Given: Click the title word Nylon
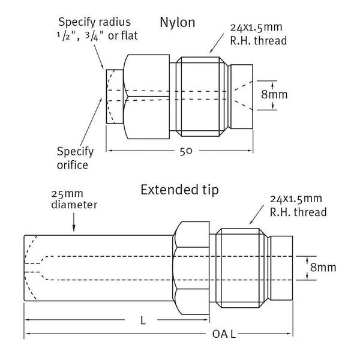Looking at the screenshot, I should (x=178, y=23).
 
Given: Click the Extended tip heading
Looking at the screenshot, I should (x=179, y=190).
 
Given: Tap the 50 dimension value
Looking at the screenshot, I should (x=185, y=151).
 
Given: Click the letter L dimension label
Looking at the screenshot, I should (x=142, y=320).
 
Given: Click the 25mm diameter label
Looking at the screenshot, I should (x=74, y=200).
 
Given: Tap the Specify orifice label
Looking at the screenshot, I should (x=73, y=157).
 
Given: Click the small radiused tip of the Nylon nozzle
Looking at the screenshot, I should (x=114, y=96).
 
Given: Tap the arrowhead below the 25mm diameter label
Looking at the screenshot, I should (x=74, y=228).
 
